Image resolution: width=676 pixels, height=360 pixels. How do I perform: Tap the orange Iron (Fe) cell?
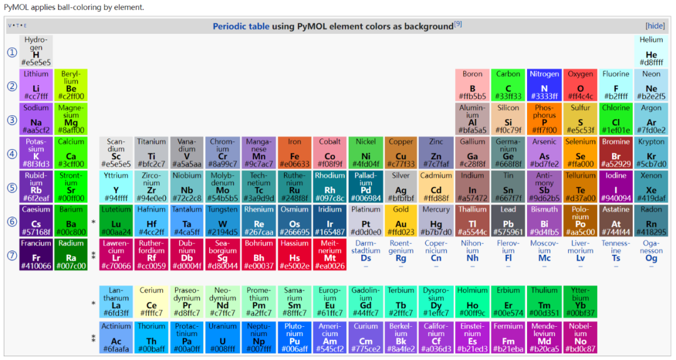(294, 153)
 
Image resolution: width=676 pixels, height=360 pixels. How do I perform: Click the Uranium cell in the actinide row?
(223, 337)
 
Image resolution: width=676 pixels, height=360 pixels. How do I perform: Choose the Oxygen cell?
(580, 85)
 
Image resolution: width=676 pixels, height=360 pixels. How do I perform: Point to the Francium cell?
(36, 254)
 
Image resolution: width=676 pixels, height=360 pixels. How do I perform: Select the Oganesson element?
(652, 254)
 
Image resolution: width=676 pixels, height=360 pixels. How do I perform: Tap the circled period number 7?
(12, 255)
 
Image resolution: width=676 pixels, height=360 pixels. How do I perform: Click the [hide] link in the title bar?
(655, 26)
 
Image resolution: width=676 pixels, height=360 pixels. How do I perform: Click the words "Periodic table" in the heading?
(241, 26)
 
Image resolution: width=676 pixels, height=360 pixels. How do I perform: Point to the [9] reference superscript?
(458, 24)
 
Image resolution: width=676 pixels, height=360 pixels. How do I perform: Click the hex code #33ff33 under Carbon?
(508, 97)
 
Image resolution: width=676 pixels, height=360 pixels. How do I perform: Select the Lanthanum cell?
(116, 302)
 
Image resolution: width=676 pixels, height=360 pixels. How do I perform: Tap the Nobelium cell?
(580, 337)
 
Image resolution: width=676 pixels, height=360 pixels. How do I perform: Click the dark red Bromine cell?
(616, 153)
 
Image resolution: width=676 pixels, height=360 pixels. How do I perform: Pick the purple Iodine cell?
(616, 187)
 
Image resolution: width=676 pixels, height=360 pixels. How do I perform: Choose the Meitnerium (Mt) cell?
(330, 254)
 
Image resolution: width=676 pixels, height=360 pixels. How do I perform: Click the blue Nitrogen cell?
(544, 85)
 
